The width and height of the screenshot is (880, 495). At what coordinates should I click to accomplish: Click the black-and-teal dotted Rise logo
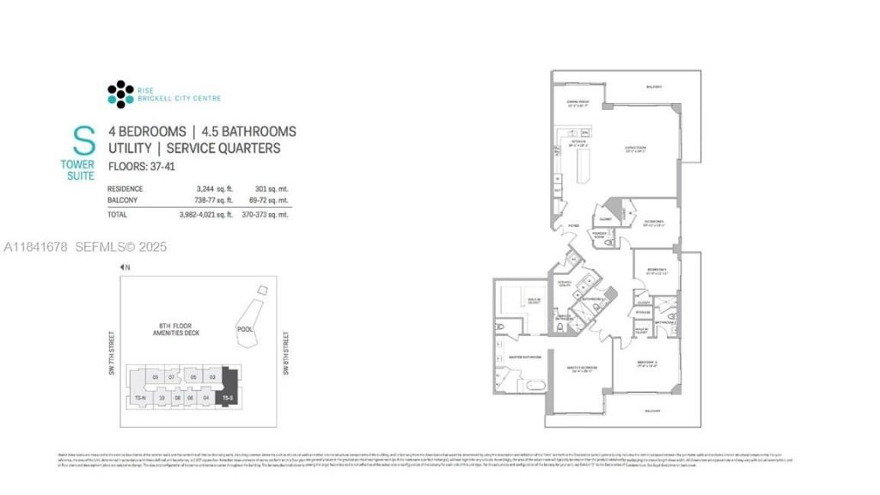[120, 94]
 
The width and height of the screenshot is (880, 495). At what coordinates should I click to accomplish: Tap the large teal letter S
[83, 141]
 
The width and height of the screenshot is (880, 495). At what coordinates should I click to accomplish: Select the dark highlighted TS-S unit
[229, 388]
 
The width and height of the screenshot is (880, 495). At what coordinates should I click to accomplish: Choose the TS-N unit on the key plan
[139, 399]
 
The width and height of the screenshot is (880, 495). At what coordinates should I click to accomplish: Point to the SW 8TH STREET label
[284, 351]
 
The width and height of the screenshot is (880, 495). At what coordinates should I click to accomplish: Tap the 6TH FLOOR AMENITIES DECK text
[175, 329]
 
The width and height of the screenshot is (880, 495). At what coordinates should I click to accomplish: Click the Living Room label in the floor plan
[635, 149]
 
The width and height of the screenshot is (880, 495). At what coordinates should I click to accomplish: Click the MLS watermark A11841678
[36, 247]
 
